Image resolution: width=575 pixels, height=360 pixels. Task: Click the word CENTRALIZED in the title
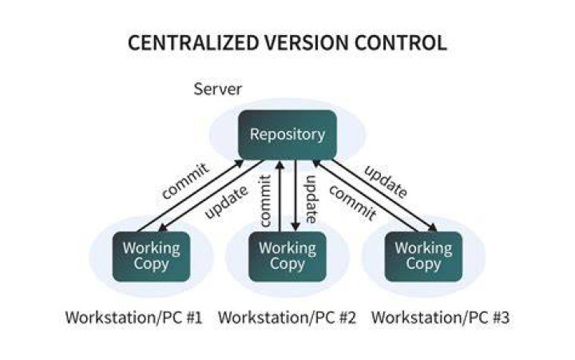(x=193, y=42)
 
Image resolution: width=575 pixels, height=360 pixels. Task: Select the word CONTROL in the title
(x=400, y=42)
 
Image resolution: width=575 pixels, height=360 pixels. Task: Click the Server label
(x=217, y=89)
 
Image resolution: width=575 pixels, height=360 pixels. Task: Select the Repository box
(x=287, y=135)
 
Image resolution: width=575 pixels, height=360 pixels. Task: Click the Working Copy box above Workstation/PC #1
(x=151, y=256)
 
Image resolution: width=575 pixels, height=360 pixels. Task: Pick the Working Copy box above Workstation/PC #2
(x=287, y=256)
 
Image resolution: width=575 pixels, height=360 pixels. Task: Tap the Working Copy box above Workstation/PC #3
(x=423, y=256)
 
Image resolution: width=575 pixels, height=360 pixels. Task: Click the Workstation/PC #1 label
(x=134, y=318)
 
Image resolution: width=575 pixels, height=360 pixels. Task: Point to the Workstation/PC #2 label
(x=287, y=318)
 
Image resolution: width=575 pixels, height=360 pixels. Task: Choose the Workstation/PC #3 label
(x=440, y=318)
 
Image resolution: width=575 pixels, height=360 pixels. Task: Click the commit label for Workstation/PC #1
(x=185, y=181)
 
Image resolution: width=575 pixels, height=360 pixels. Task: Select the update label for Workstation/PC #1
(x=226, y=203)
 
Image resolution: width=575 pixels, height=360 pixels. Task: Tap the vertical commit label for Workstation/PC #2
(x=265, y=200)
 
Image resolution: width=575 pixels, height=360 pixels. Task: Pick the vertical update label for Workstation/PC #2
(x=310, y=199)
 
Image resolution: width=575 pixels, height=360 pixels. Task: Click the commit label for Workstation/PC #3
(x=353, y=203)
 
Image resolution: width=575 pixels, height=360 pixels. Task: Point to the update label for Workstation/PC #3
(x=386, y=181)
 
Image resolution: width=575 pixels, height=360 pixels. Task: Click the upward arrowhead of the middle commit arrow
(x=280, y=164)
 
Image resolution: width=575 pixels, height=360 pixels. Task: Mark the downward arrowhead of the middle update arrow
(x=295, y=227)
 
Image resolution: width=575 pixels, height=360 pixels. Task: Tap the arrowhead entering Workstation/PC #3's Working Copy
(x=433, y=227)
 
